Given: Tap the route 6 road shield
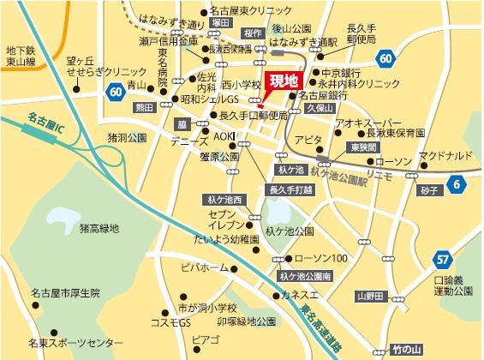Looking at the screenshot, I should [x=457, y=183].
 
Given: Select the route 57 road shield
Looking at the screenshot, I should [x=442, y=258].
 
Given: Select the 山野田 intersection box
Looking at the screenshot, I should [x=371, y=296].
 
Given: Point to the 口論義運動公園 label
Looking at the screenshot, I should [x=452, y=285].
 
